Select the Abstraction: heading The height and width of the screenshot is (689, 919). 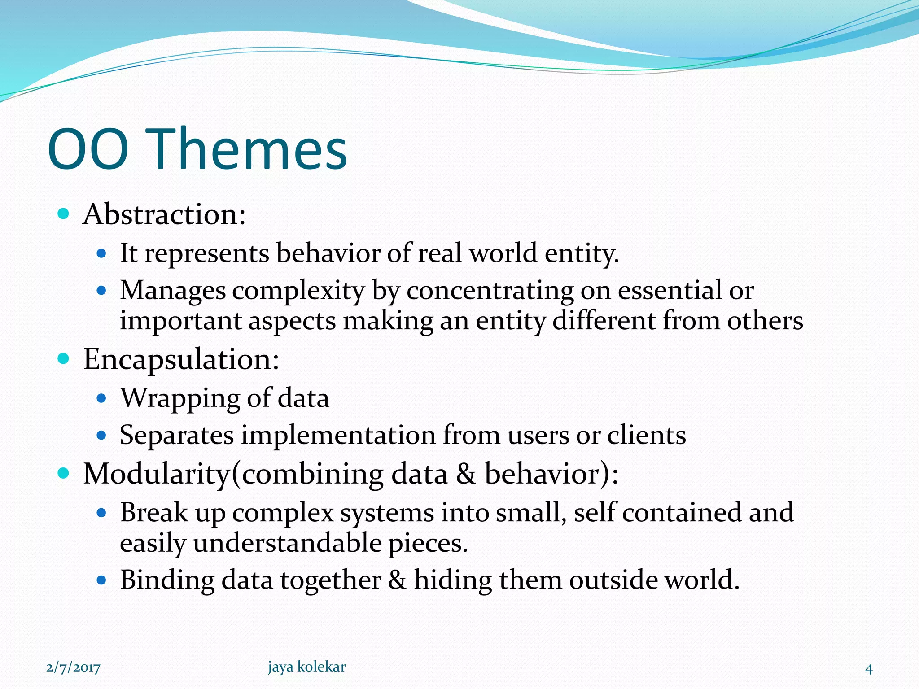pyautogui.click(x=164, y=214)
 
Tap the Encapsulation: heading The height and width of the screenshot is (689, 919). pyautogui.click(x=181, y=360)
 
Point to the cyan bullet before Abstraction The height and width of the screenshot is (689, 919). pyautogui.click(x=64, y=214)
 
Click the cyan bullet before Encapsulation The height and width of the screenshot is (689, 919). pyautogui.click(x=64, y=359)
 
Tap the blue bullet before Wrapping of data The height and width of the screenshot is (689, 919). pyautogui.click(x=101, y=398)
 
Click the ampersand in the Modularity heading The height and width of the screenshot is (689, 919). pyautogui.click(x=466, y=474)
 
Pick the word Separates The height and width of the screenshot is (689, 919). pyautogui.click(x=177, y=435)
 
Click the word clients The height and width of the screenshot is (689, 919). pyautogui.click(x=646, y=435)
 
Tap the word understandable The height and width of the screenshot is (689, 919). pyautogui.click(x=287, y=544)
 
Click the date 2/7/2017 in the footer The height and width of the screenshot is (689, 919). pyautogui.click(x=73, y=668)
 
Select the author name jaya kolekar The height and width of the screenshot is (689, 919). pyautogui.click(x=307, y=667)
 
